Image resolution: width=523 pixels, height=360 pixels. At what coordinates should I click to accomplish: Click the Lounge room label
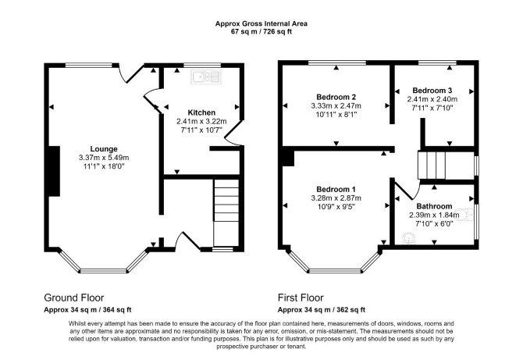click(x=104, y=149)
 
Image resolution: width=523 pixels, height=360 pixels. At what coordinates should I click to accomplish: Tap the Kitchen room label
click(x=201, y=112)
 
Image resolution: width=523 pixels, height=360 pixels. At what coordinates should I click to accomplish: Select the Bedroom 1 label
click(x=336, y=189)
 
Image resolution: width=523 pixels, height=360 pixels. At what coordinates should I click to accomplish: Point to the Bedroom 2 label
click(x=336, y=97)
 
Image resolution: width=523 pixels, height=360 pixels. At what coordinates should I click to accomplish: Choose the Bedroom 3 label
click(x=432, y=91)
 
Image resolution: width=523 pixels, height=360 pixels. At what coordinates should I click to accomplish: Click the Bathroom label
click(x=434, y=206)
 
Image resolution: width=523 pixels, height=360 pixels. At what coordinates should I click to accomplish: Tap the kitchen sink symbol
click(x=206, y=77)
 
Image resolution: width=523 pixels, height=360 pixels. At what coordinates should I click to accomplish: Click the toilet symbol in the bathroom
click(x=467, y=215)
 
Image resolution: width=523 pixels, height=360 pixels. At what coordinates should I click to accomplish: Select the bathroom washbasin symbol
click(x=408, y=237)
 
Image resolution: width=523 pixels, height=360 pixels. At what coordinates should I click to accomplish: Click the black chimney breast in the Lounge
click(x=54, y=171)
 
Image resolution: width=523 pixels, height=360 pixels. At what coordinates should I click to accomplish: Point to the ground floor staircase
click(x=226, y=213)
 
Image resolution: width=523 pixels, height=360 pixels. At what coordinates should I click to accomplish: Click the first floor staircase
click(x=432, y=165)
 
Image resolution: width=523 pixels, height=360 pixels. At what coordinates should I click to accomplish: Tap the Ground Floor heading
click(x=73, y=298)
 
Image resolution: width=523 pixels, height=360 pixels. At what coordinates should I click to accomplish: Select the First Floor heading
click(x=301, y=298)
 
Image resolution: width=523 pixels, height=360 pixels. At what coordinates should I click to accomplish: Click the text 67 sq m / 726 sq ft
click(x=261, y=32)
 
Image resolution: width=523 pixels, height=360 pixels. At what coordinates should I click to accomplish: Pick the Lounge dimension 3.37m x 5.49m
click(x=104, y=158)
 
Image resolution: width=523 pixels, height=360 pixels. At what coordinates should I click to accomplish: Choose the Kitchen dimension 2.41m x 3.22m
click(x=201, y=121)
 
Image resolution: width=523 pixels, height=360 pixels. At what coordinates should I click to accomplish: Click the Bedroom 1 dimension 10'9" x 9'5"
click(x=336, y=206)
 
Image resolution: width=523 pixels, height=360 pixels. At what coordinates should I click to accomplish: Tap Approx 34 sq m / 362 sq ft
click(x=322, y=309)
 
